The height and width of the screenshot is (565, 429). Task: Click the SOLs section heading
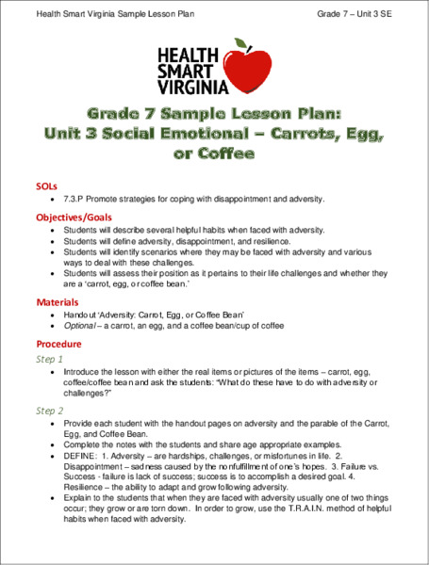[45, 186]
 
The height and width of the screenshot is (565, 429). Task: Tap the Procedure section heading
[59, 344]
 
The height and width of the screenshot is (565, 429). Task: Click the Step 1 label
[50, 360]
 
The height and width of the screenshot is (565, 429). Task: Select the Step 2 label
[50, 411]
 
